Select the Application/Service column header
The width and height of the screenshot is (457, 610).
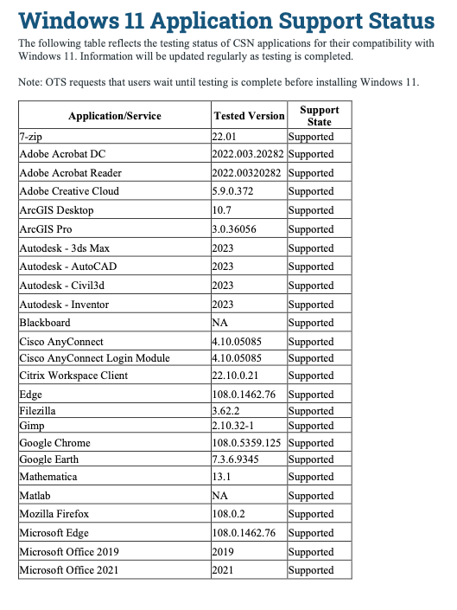coord(114,116)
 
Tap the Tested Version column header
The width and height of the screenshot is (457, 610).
coord(248,116)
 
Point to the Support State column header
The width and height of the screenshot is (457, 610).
coord(320,116)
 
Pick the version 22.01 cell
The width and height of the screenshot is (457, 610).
coord(225,137)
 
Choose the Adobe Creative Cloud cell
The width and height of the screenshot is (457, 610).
coord(69,191)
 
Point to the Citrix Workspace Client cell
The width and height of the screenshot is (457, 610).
coord(73,376)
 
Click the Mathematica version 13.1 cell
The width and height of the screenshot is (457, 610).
coord(222,477)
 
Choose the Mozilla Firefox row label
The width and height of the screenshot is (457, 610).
coord(54,514)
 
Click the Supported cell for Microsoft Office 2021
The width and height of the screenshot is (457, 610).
coord(310,570)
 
